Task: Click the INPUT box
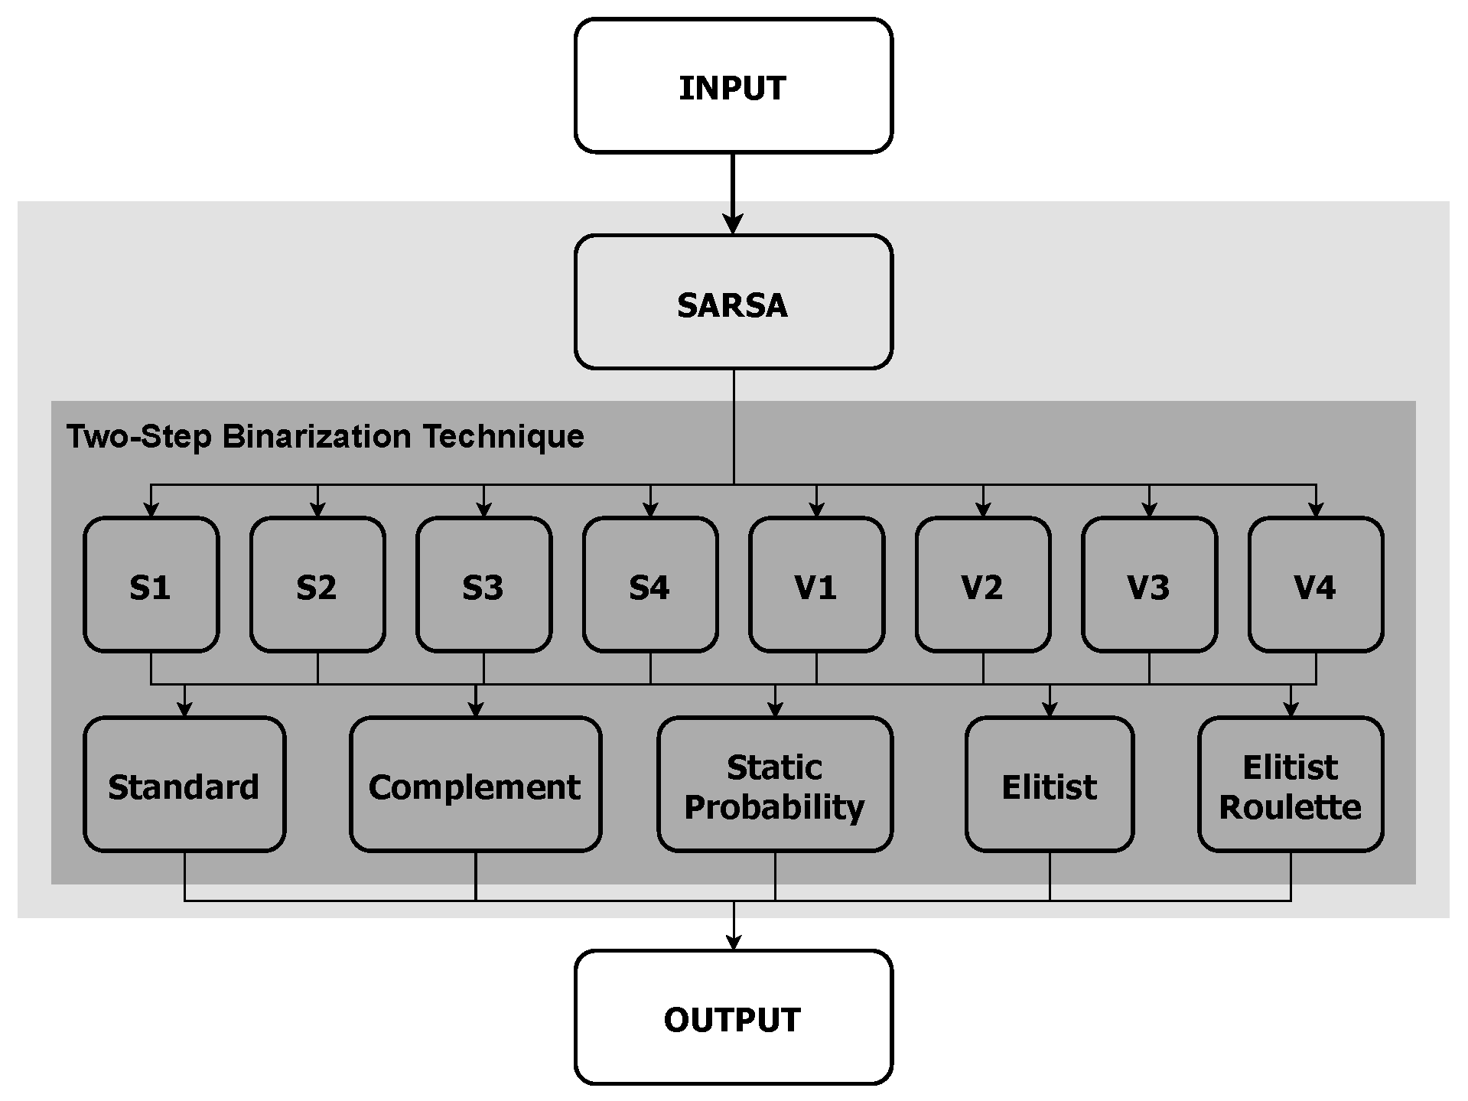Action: point(733,86)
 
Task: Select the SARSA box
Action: point(733,303)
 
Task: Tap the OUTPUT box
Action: point(733,1018)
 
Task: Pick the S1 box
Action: point(151,585)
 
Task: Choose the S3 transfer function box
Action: point(483,585)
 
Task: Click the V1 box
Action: point(816,585)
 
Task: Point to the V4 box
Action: point(1315,585)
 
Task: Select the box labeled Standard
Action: point(184,785)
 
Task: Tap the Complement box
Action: point(475,785)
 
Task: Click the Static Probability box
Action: point(774,785)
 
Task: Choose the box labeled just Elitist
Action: point(1049,785)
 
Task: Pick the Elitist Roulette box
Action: point(1291,785)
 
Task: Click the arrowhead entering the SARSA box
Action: point(733,224)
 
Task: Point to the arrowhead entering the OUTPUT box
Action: point(733,941)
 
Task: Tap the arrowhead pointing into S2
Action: point(317,510)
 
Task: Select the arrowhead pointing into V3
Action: point(1149,510)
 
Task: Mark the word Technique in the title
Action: point(503,437)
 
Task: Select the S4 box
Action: point(650,585)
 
